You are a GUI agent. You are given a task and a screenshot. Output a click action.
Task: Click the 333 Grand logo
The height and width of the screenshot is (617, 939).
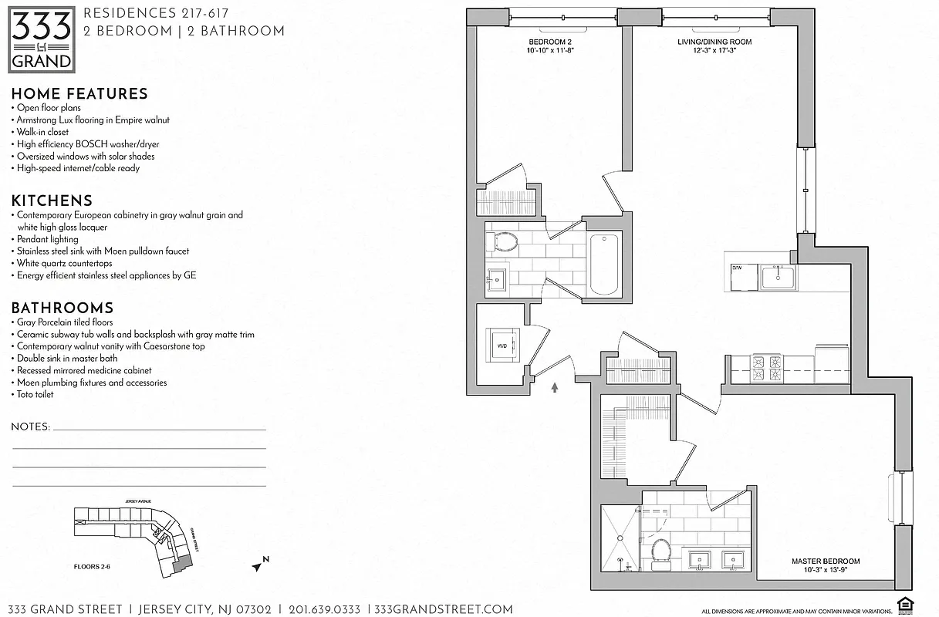tap(42, 39)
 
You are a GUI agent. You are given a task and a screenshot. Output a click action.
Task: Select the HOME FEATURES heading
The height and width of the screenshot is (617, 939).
tap(79, 94)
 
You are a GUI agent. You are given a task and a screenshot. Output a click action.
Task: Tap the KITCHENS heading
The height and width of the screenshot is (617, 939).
tap(52, 201)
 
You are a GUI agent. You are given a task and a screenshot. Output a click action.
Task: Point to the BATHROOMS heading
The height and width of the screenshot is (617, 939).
tap(62, 308)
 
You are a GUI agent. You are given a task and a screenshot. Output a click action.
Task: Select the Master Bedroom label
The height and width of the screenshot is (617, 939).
tap(825, 565)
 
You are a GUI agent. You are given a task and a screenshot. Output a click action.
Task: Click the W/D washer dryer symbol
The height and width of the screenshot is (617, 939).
tap(502, 345)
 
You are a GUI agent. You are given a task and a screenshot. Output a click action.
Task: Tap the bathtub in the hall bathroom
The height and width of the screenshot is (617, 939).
tap(604, 265)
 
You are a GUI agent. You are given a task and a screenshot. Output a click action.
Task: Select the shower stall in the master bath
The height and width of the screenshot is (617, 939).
tap(620, 538)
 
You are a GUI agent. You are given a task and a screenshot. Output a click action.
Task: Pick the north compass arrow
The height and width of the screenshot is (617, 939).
tap(258, 565)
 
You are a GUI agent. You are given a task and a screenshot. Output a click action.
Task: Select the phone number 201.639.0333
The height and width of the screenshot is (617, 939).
tap(323, 609)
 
